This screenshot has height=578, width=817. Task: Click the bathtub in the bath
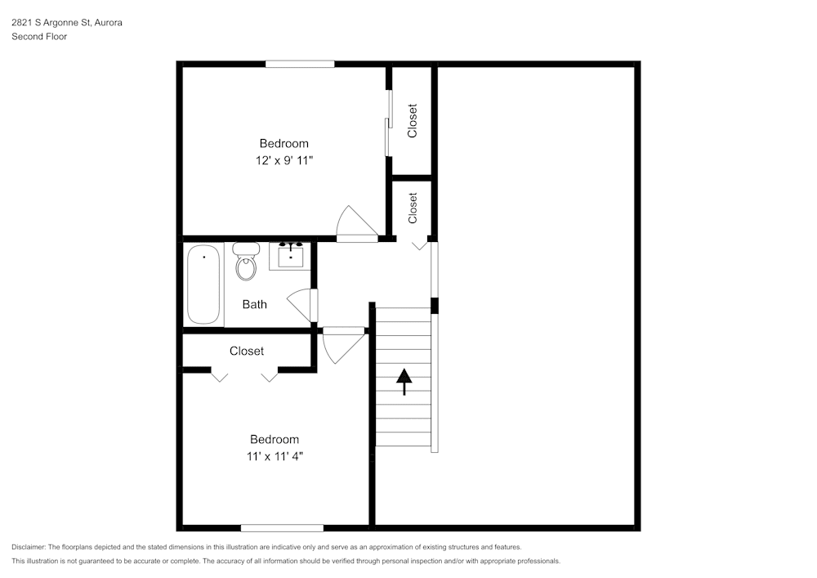click(x=204, y=285)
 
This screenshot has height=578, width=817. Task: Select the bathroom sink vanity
click(x=291, y=256)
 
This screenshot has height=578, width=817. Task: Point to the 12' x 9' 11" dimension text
click(x=283, y=161)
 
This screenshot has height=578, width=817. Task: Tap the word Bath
click(x=254, y=305)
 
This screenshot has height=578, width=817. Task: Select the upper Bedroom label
click(x=283, y=144)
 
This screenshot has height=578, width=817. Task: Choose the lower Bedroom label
click(x=274, y=439)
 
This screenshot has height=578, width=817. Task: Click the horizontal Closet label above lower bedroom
click(x=247, y=351)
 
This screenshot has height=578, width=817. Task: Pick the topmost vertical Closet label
click(x=413, y=120)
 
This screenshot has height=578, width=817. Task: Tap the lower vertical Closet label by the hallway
click(x=413, y=208)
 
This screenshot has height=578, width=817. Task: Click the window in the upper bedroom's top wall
click(x=300, y=64)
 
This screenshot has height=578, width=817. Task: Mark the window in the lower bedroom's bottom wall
click(x=282, y=527)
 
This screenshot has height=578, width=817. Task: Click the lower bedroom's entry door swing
click(x=341, y=344)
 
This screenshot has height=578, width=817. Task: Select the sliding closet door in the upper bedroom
click(x=389, y=123)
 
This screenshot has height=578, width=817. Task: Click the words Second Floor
click(x=38, y=37)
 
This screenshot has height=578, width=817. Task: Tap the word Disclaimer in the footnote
click(x=29, y=547)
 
